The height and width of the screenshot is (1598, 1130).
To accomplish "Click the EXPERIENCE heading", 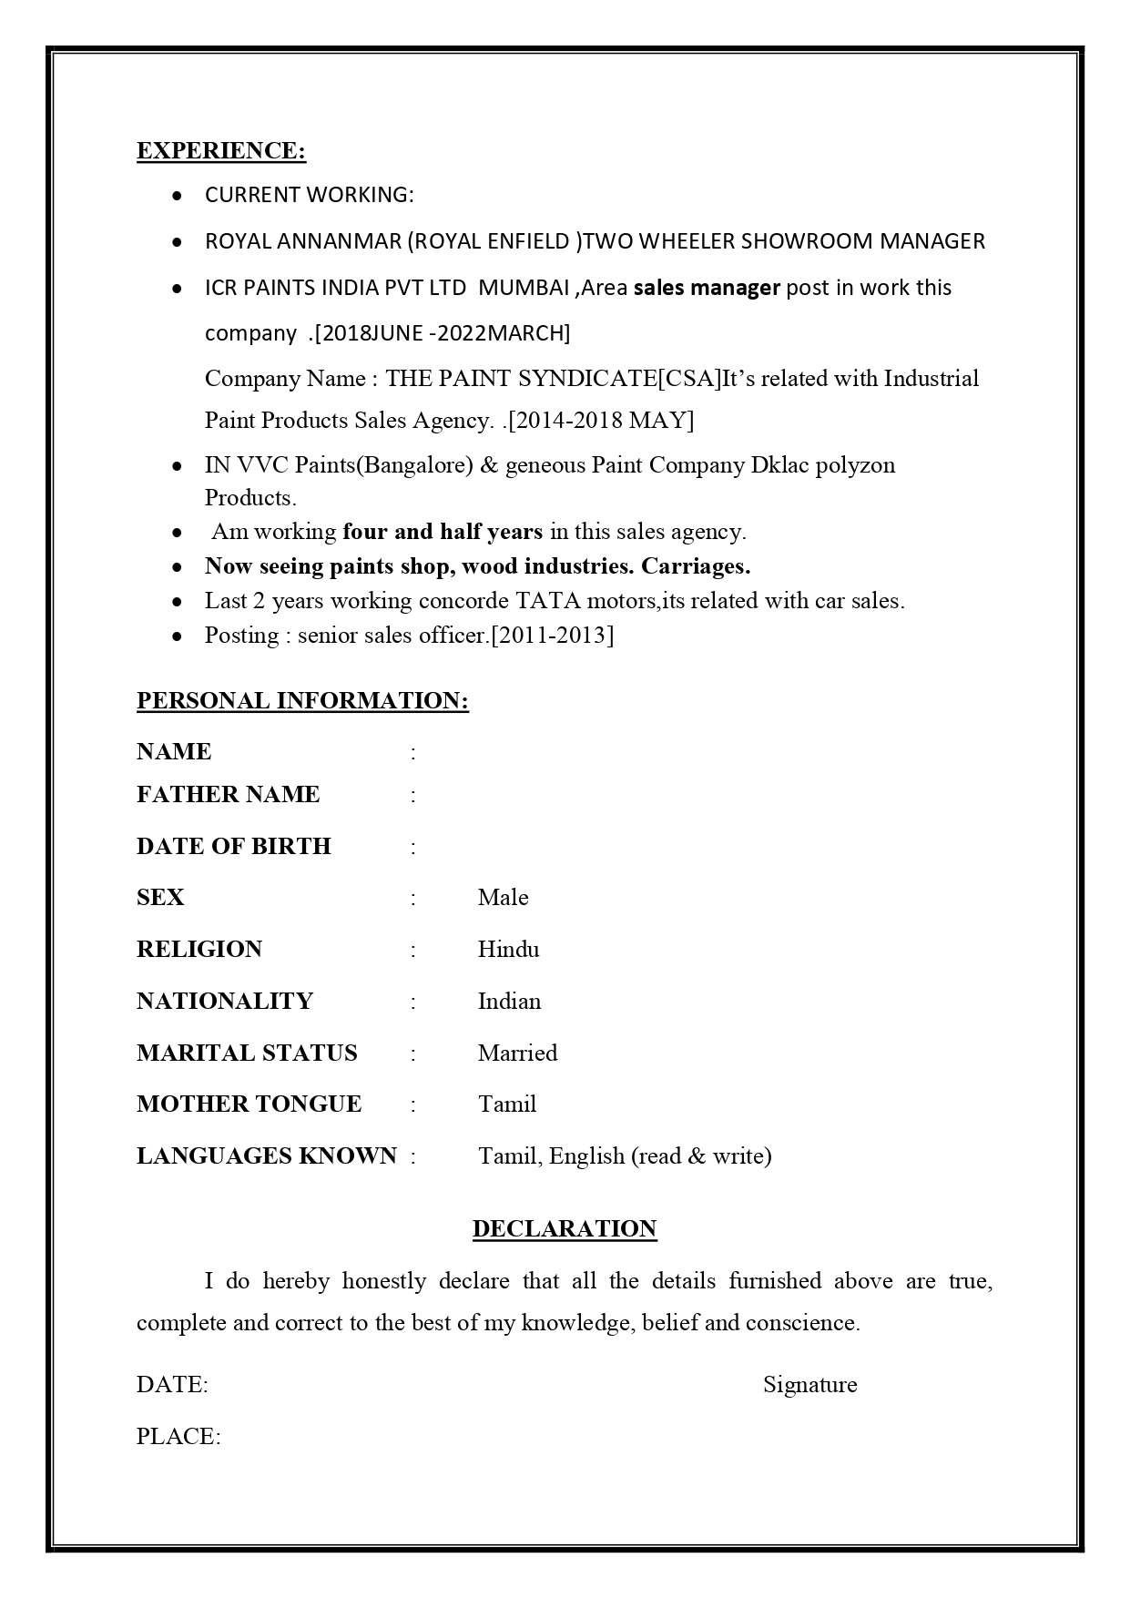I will (221, 151).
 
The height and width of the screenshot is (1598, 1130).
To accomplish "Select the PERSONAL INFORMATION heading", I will (302, 701).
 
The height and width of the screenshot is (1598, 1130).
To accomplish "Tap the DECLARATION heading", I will (565, 1229).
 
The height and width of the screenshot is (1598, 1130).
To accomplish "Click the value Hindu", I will (508, 950).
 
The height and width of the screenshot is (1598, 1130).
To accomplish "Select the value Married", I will (517, 1053).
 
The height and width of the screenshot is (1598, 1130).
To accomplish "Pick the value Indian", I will (509, 1002).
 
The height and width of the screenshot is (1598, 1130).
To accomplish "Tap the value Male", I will (503, 898).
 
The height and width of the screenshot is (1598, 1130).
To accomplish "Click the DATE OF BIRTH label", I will (234, 847).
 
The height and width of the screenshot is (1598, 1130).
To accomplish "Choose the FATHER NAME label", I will (228, 795).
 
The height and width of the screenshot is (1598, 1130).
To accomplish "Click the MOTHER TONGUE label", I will (249, 1104).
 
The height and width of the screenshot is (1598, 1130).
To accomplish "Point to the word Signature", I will (809, 1385).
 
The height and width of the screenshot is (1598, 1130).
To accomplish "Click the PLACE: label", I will (178, 1437).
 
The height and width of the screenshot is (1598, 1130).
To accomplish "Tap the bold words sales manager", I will (707, 288).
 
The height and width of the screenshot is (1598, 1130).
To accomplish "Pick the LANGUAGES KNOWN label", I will (267, 1156).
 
